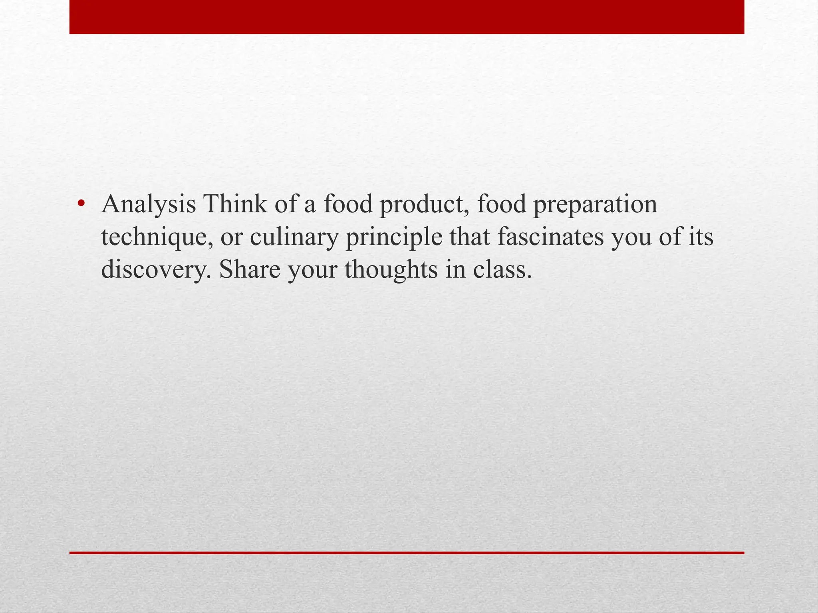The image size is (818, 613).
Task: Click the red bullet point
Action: [x=81, y=204]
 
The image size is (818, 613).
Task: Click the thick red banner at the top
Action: [x=407, y=17]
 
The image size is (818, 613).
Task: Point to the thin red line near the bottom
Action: [x=407, y=553]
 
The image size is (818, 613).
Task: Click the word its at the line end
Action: [x=701, y=237]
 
